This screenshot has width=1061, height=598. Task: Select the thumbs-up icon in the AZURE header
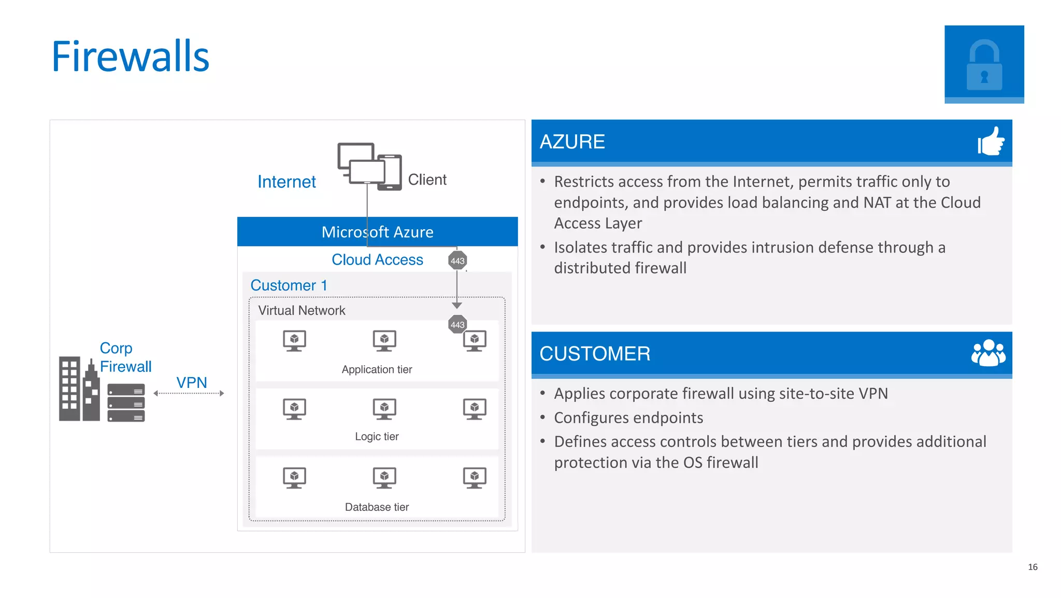point(991,141)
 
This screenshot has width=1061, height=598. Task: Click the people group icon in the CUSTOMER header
point(988,353)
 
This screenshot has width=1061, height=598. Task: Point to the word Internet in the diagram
point(286,182)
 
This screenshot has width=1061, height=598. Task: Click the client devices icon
point(369,166)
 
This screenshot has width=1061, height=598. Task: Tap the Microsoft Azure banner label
point(377,232)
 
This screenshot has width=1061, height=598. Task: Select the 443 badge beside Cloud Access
point(457,260)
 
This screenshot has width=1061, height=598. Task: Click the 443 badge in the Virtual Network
point(457,325)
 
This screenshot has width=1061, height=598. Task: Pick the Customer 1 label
point(289,285)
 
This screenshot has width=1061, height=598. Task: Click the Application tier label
point(377,369)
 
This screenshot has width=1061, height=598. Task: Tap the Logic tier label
point(377,436)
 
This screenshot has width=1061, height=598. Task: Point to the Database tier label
point(377,507)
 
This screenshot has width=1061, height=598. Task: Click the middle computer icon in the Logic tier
point(384,409)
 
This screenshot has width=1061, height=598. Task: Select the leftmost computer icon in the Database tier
point(294,478)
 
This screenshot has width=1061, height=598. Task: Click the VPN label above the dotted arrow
point(192,382)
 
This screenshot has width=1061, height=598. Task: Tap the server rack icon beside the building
point(126,402)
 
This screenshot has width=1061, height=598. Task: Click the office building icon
point(79,389)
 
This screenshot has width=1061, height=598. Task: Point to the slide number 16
point(1033,567)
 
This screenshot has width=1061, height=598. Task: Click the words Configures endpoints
point(628,418)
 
